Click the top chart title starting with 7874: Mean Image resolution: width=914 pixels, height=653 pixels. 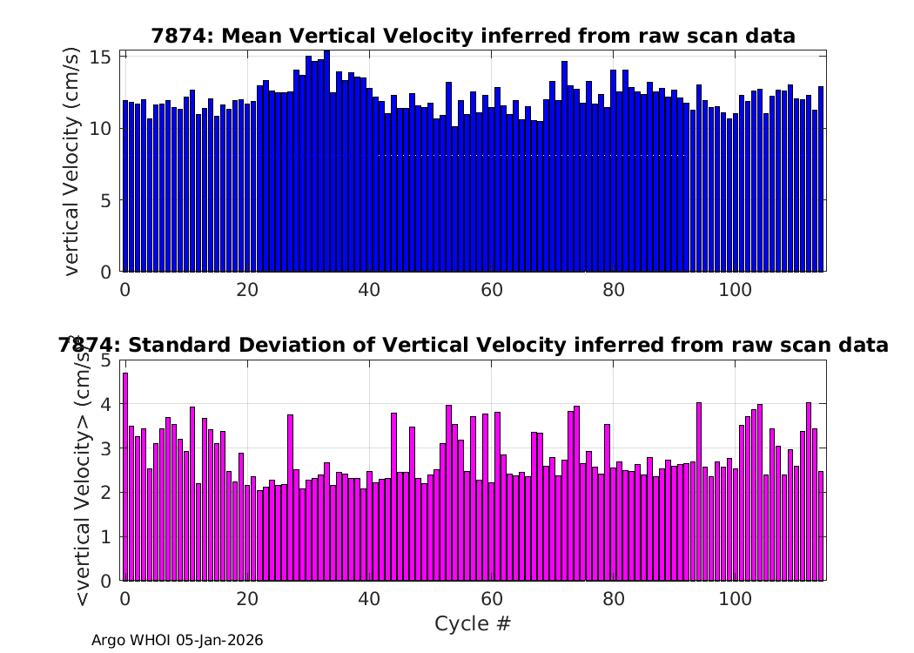474,37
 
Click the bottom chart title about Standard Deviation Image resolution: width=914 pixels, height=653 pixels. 474,345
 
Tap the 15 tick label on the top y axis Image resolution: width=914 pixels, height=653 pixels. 100,57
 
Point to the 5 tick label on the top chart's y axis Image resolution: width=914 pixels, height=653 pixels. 106,200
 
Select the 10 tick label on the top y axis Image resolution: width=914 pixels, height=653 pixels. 100,129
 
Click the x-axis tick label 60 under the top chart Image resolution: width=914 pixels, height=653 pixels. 492,290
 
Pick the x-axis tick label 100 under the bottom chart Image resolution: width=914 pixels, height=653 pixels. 736,599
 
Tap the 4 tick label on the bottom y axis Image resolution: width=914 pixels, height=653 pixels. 106,404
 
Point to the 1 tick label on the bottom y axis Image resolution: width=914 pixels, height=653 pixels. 106,537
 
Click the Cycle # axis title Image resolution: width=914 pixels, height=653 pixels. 473,623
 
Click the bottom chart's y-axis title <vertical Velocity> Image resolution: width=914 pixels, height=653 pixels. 84,470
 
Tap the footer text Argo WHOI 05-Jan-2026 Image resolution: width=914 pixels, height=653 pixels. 178,640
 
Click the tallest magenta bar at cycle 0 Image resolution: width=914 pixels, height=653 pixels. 125,477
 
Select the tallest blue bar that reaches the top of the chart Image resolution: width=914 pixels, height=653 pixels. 327,161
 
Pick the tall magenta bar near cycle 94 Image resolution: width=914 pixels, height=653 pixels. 699,492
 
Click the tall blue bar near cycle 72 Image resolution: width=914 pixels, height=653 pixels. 564,166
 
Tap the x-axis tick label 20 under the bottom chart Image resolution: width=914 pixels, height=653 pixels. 247,599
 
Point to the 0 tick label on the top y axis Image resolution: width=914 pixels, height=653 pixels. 106,273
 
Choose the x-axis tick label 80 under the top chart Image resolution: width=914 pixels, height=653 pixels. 613,290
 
